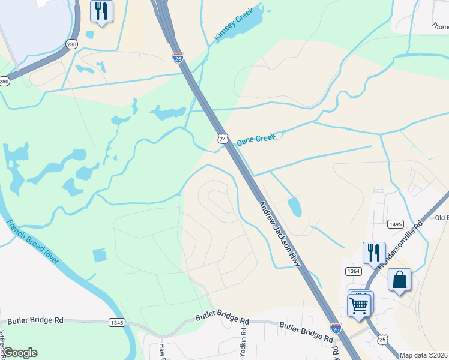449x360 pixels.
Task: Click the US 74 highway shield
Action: pyautogui.click(x=223, y=139)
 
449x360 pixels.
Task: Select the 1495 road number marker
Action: pyautogui.click(x=395, y=224)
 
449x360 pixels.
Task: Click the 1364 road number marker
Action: pyautogui.click(x=354, y=272)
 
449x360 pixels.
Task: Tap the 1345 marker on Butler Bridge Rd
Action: pyautogui.click(x=117, y=322)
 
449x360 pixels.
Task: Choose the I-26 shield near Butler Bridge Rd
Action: pyautogui.click(x=336, y=328)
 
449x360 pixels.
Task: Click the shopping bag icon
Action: pyautogui.click(x=400, y=280)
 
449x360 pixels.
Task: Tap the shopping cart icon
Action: pyautogui.click(x=359, y=304)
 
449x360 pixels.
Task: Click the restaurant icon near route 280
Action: pyautogui.click(x=101, y=11)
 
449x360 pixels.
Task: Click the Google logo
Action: pyautogui.click(x=20, y=353)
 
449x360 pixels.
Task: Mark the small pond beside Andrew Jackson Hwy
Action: pyautogui.click(x=294, y=207)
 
